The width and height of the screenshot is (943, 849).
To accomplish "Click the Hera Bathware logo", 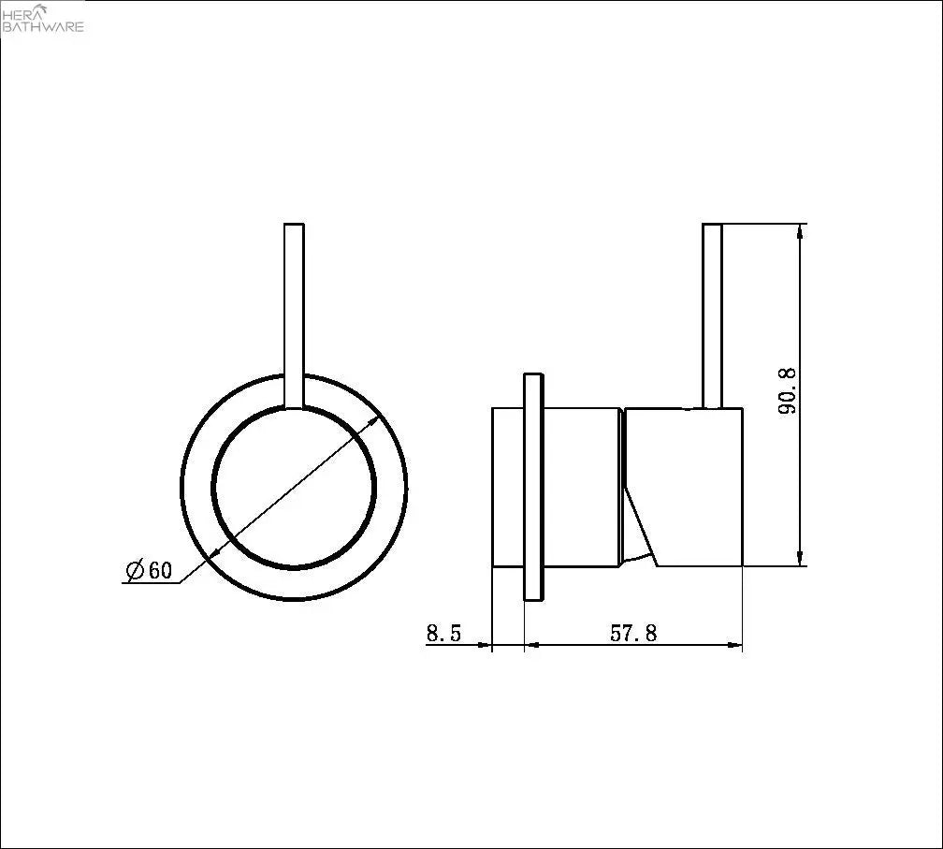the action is [43, 18].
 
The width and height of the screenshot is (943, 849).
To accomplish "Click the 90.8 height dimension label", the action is [787, 391].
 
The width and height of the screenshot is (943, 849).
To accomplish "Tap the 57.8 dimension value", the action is [633, 633].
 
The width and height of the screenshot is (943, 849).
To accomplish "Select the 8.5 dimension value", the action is [443, 633].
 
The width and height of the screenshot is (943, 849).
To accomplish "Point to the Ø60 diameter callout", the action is [149, 570].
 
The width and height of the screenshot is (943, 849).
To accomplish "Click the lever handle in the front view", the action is [294, 315].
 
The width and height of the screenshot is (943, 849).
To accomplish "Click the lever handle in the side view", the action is [712, 315].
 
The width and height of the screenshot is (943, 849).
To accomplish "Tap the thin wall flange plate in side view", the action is [533, 487].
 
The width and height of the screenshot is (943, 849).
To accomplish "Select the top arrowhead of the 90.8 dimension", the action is [799, 232].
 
